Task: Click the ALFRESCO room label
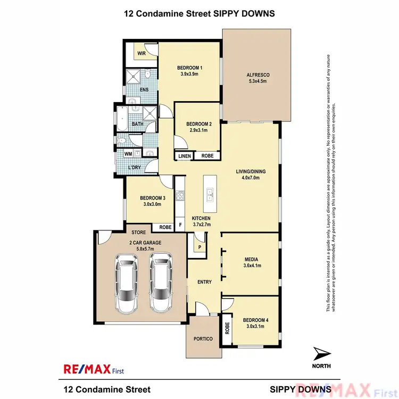[x=256, y=74]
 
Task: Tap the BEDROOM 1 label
[x=190, y=68]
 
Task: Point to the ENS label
[x=144, y=89]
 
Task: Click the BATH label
[x=138, y=124]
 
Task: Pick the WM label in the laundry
[x=128, y=154]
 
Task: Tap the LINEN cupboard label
[x=184, y=156]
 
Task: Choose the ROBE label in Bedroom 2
[x=207, y=156]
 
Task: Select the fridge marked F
[x=180, y=226]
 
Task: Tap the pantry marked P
[x=199, y=247]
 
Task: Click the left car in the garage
[x=127, y=284]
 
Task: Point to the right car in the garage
[x=160, y=282]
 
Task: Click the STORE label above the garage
[x=139, y=232]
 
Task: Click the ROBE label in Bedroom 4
[x=227, y=328]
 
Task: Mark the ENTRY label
[x=204, y=282]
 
